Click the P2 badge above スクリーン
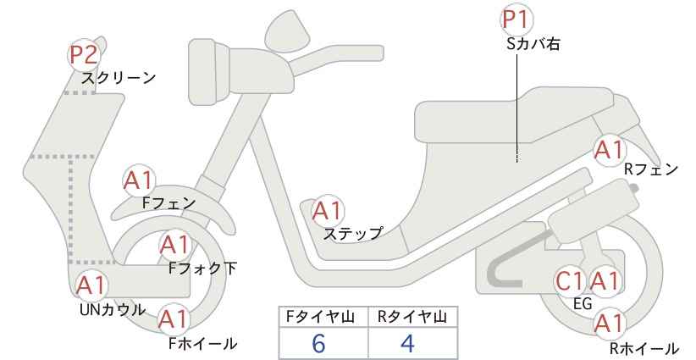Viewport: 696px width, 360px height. (x=84, y=55)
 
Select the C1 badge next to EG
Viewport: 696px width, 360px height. (x=570, y=280)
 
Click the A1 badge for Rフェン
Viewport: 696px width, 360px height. (x=609, y=150)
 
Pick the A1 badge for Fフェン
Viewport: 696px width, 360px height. (x=139, y=180)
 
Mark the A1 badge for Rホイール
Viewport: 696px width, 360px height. (x=609, y=323)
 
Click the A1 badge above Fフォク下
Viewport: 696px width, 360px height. (x=175, y=246)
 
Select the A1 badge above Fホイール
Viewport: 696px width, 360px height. (x=174, y=319)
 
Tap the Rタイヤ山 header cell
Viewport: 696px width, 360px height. (x=412, y=317)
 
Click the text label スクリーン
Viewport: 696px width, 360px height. (x=119, y=78)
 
